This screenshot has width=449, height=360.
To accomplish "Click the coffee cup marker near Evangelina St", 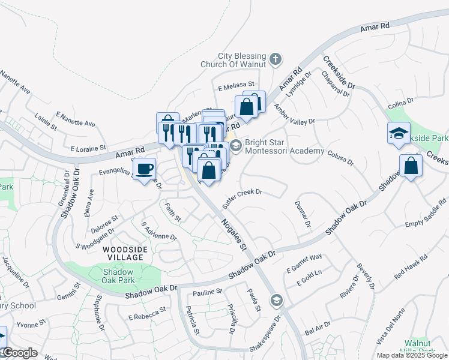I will tap(144, 169).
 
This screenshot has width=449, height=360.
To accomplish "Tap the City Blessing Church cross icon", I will tap(275, 59).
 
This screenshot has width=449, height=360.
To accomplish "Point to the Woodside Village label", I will tap(123, 253).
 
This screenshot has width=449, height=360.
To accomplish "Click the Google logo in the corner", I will tap(19, 353).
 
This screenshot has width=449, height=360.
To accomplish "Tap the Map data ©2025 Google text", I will tap(412, 355).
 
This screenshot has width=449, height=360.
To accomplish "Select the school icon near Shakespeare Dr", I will tap(276, 299).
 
